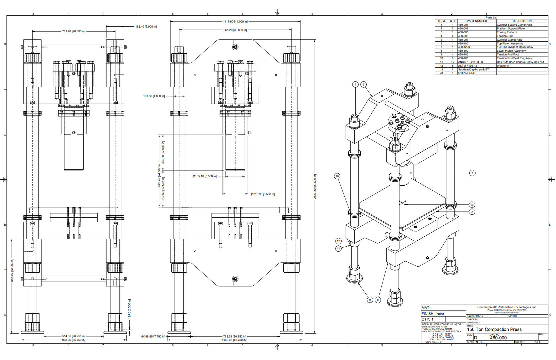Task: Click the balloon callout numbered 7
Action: tap(472, 173)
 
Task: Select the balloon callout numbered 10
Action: tap(337, 176)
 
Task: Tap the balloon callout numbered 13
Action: tap(472, 205)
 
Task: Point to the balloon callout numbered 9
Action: tap(370, 300)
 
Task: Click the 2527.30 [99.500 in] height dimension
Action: tap(315, 186)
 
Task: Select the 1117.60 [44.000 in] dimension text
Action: tap(235, 22)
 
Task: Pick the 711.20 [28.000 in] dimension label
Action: tap(74, 31)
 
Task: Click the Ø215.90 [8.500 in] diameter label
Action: tap(263, 194)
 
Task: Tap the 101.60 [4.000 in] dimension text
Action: tap(154, 96)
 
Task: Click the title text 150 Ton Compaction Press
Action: tap(494, 329)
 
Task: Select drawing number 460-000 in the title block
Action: tap(498, 338)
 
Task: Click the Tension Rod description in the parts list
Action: tap(505, 36)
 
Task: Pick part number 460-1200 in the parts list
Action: tap(464, 47)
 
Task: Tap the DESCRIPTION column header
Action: tap(522, 21)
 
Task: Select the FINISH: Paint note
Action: tap(433, 314)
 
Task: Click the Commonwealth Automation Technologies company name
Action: tap(507, 307)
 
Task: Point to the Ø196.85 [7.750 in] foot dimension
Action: tap(153, 336)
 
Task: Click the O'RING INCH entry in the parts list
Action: tap(466, 73)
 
